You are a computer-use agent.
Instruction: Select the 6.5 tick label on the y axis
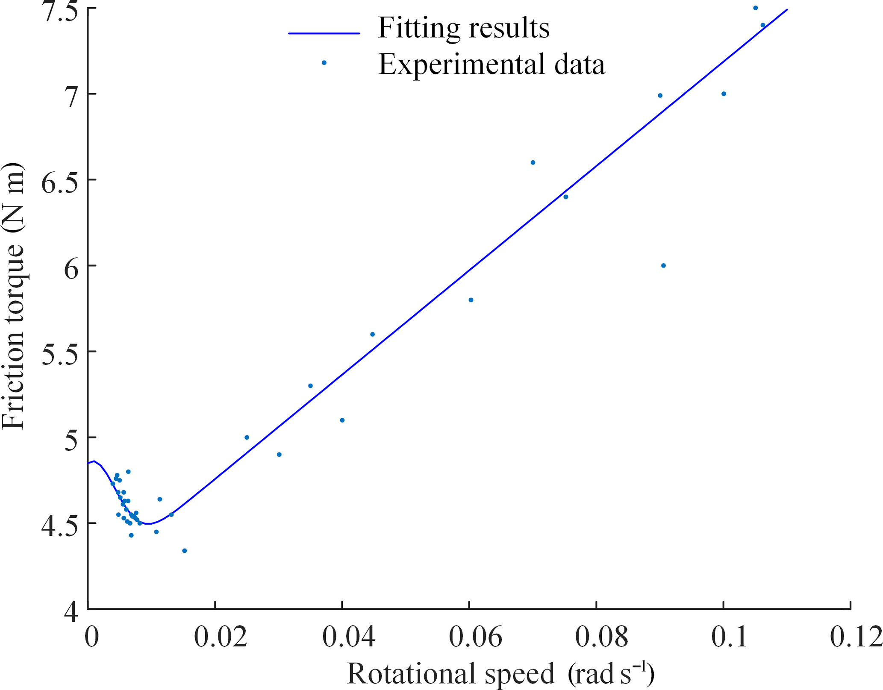pos(60,180)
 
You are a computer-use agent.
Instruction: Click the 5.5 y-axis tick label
pos(60,352)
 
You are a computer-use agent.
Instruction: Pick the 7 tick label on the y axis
pos(72,94)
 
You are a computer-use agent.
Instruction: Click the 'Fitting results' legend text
pos(464,28)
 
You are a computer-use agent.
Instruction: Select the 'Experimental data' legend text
pos(492,65)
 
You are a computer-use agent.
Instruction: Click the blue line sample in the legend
pos(324,33)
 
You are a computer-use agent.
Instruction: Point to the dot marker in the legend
pos(324,63)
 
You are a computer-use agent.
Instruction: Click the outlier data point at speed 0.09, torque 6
pos(663,266)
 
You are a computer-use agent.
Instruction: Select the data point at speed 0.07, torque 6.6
pos(533,163)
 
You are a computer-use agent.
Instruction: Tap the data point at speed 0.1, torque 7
pos(724,94)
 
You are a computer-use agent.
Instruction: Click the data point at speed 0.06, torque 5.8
pos(471,300)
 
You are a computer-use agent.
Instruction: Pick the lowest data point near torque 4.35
pos(185,551)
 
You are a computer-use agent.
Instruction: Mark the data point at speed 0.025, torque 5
pos(247,437)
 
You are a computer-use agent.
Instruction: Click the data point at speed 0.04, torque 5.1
pos(342,420)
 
